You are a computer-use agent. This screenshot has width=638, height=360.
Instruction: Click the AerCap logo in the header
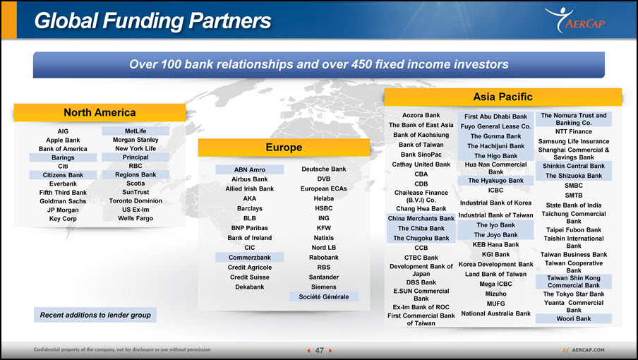coord(575,20)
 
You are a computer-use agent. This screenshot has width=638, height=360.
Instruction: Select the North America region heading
coord(100,113)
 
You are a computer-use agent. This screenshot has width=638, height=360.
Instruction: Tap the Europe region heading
coord(284,148)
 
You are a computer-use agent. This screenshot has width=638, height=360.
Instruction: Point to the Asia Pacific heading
coord(502,97)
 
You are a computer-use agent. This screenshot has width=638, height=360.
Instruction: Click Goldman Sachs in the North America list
coord(63,201)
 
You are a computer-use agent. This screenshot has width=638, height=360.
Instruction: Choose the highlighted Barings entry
coord(63,157)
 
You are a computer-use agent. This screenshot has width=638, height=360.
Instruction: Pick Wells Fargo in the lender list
coord(136,218)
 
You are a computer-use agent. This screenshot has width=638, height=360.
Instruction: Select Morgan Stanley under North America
coord(136,140)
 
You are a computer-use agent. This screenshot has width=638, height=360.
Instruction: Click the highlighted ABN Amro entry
coord(249,169)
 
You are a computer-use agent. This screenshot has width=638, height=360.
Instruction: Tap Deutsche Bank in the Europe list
coord(324,169)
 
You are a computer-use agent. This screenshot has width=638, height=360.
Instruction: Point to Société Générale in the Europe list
coord(324,297)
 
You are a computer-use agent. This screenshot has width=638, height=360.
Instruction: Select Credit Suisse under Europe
coord(249,277)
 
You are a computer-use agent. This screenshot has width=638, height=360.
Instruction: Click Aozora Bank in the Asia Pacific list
coord(421,116)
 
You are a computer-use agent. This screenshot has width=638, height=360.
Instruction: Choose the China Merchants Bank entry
coord(421,218)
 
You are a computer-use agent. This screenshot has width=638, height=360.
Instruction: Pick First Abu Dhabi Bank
coord(495,116)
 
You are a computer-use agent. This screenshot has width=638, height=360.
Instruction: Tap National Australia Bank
coord(495,313)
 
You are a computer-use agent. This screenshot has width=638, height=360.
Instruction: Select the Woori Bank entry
coord(574,319)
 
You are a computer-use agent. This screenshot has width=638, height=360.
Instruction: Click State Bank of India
coord(574,205)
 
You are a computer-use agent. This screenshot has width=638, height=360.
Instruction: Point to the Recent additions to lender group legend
coord(95,315)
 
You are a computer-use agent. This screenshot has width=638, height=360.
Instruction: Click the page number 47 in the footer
coord(320,351)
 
